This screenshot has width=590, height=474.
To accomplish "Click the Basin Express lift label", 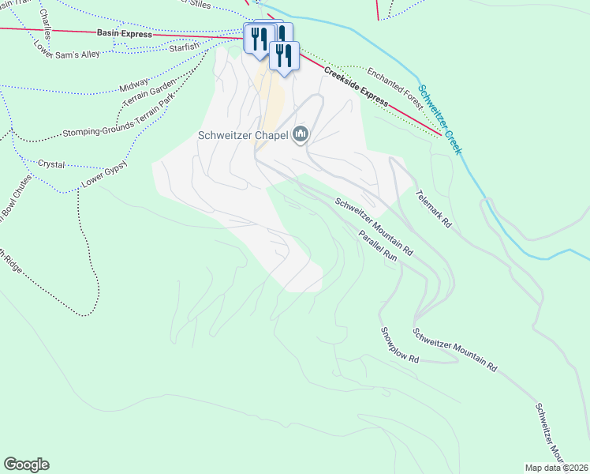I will coord(124,34).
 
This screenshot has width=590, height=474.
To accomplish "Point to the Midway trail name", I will coord(134,85).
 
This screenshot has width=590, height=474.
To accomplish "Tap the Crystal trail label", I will coord(50,164).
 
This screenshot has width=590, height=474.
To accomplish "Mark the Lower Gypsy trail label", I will coord(104,177).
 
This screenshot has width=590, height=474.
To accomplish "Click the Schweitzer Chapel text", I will coord(242,135).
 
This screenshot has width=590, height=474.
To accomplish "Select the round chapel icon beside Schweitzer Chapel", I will coord(300,135).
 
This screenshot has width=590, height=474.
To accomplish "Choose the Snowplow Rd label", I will coord(399,344).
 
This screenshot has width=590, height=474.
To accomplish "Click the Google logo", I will coord(26,465).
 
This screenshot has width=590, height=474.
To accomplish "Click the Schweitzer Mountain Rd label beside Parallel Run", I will coord(374,225).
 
